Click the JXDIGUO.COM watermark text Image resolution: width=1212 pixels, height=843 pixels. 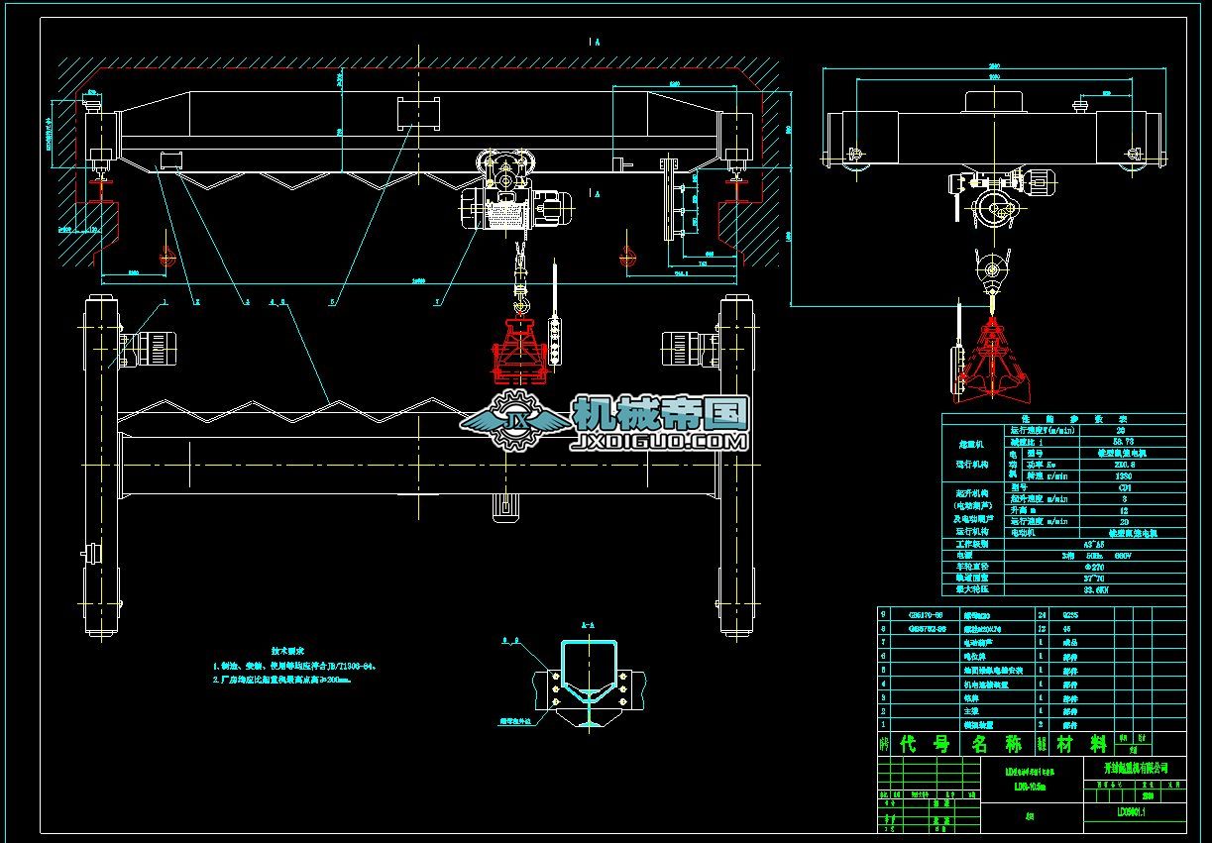click(659, 441)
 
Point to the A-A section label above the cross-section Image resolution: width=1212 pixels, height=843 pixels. click(587, 626)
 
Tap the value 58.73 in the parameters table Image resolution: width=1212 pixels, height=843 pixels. click(1121, 442)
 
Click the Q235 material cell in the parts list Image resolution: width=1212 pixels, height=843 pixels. click(1069, 614)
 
